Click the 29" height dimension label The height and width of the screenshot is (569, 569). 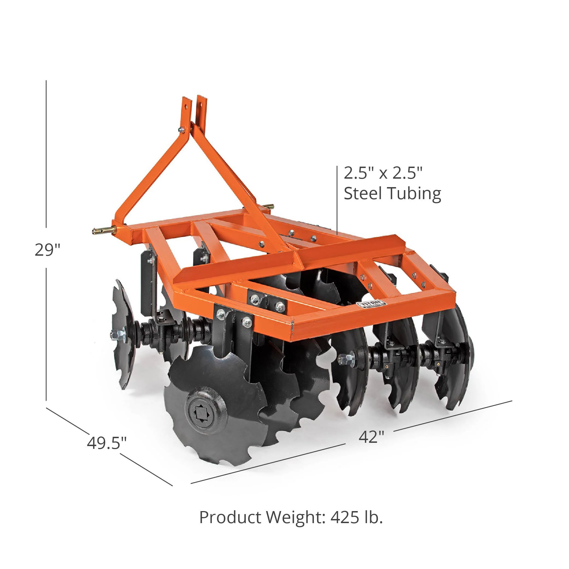point(47,250)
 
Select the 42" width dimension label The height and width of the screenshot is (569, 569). point(372,437)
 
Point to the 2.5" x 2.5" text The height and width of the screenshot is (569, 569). point(383,173)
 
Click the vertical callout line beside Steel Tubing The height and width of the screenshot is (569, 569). point(337,200)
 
